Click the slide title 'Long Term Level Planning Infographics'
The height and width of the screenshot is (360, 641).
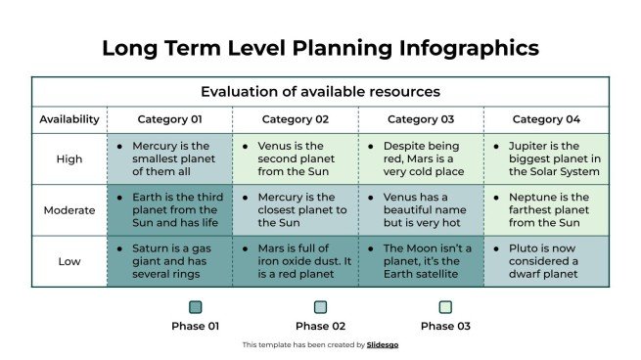coord(320,47)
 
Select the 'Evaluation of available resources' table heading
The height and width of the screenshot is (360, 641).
coord(320,92)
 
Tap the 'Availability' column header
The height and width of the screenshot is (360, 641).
coord(69,119)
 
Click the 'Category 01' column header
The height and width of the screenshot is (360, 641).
coord(169,119)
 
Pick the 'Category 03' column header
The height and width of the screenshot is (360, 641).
coord(421,119)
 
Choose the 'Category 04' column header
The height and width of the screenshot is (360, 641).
coord(546,119)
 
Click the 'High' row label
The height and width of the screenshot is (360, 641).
coord(69,157)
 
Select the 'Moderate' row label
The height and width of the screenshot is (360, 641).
coord(69,209)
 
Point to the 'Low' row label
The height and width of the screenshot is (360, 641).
coord(69,261)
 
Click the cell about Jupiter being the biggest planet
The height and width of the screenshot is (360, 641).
coord(546,157)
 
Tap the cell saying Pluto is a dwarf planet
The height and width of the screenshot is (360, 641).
coord(546,261)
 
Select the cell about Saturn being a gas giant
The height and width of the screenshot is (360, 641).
coord(169,261)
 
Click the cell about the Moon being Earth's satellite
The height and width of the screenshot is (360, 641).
coord(421,261)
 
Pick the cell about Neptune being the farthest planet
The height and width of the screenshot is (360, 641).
coord(546,209)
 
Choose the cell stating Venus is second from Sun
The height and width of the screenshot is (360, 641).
coord(295,157)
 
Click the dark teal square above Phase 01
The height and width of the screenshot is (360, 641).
coord(196,306)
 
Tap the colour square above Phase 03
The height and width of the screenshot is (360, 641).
coord(445,306)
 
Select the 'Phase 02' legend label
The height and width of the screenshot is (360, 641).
coord(320,326)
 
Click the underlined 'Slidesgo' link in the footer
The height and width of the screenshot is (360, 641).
coord(383,345)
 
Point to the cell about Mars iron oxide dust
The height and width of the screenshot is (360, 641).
coord(295,261)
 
